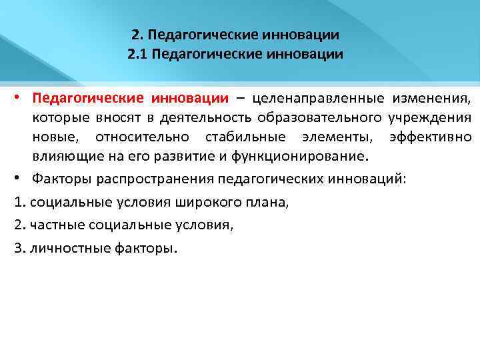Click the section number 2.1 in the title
[x=137, y=53]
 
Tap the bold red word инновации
[x=189, y=99]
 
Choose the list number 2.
[x=18, y=225]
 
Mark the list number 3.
[x=18, y=248]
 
